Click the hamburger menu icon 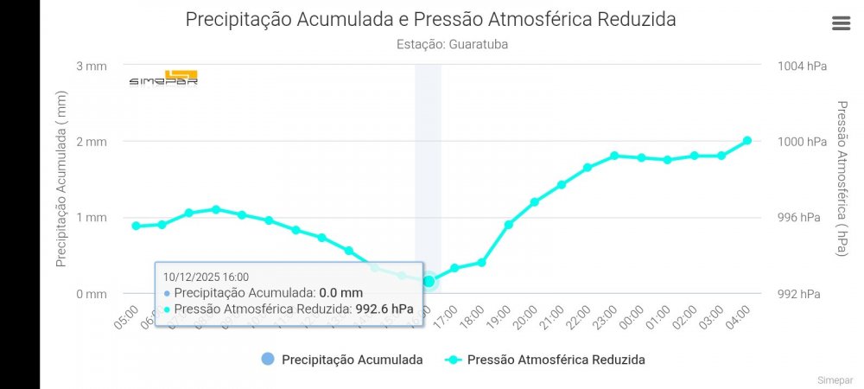(x=841, y=23)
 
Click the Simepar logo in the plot (x=163, y=78)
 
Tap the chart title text (x=430, y=19)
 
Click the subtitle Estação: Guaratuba (x=452, y=44)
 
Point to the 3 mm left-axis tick (x=92, y=66)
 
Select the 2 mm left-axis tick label (x=92, y=142)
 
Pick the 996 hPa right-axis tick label (x=799, y=218)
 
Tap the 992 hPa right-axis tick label (x=799, y=294)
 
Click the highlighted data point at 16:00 (x=429, y=281)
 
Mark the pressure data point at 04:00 (x=747, y=141)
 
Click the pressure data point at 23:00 (x=614, y=156)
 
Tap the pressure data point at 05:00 (x=136, y=226)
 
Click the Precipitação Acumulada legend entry (x=341, y=360)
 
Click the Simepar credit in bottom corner (x=834, y=379)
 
